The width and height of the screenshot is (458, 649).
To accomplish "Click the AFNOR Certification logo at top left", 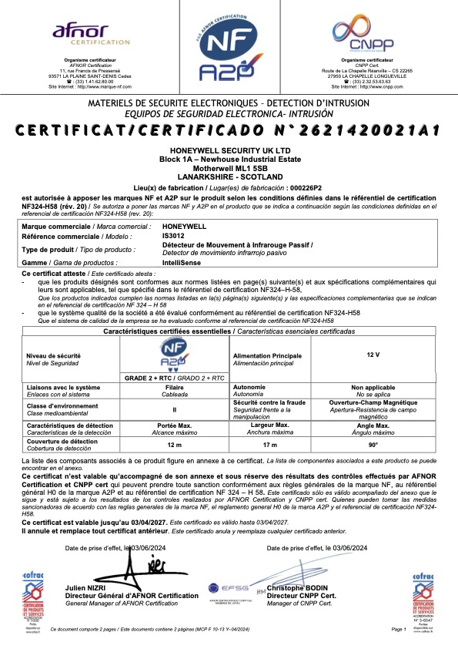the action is tap(79, 34).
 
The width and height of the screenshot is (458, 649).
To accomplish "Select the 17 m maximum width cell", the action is tap(270, 445).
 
